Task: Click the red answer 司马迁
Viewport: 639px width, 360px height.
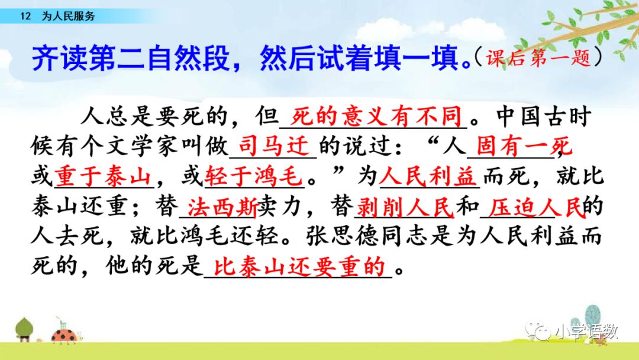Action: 273,145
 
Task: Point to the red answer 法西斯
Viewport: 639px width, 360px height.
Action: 222,207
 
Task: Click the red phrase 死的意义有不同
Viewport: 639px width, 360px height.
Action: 376,117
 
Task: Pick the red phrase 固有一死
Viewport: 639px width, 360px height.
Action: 524,146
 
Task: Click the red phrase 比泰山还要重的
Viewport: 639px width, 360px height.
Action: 299,267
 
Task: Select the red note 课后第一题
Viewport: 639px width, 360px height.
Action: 538,57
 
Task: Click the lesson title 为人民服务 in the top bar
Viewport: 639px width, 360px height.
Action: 68,17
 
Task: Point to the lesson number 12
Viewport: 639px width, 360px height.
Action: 25,17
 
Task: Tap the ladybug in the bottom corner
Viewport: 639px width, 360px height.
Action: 65,335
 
